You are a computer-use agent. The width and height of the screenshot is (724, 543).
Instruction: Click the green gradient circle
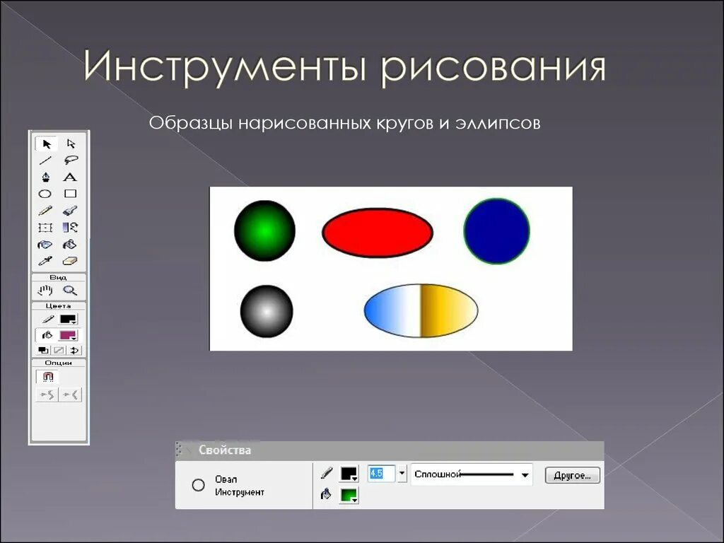(x=264, y=230)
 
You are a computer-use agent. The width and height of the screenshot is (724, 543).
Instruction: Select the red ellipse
(x=378, y=232)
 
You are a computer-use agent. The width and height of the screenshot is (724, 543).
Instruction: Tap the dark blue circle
(x=496, y=231)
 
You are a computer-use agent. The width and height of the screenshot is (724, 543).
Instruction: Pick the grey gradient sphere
(x=267, y=311)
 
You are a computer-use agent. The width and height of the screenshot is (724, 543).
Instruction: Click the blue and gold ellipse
(x=421, y=310)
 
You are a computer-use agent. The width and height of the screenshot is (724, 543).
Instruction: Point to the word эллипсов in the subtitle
(x=502, y=124)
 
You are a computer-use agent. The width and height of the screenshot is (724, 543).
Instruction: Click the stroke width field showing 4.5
(x=380, y=474)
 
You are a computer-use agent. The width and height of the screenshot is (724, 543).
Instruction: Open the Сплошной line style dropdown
(x=525, y=475)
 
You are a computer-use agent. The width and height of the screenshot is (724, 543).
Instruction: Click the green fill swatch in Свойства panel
(x=349, y=495)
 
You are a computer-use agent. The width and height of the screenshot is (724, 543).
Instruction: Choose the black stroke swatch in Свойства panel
(x=349, y=474)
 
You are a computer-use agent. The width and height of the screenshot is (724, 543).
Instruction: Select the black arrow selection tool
(x=47, y=144)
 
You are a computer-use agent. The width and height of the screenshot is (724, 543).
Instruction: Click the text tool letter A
(x=69, y=177)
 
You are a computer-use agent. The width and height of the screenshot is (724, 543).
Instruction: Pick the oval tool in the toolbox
(x=45, y=194)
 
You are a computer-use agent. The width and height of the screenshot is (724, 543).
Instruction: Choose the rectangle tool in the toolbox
(x=70, y=194)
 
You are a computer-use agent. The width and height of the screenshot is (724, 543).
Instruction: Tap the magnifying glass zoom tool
(x=69, y=291)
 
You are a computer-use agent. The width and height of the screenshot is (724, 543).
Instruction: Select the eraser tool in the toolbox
(x=69, y=261)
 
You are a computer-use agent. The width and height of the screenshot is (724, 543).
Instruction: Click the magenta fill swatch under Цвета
(x=68, y=335)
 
